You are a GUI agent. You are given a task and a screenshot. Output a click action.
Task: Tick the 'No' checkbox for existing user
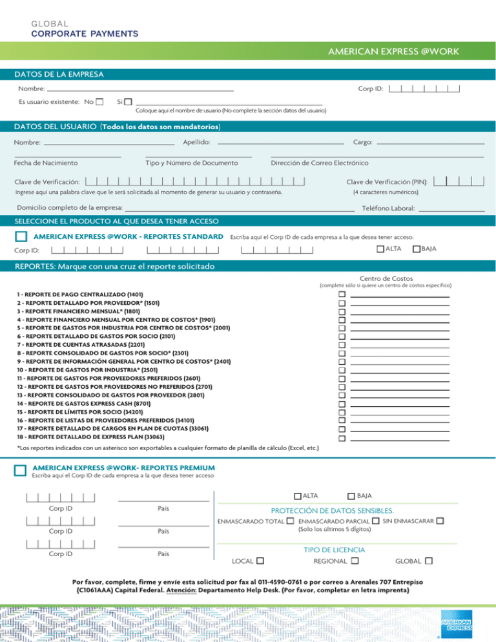tap(99, 102)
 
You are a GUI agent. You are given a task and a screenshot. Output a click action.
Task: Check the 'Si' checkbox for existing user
tap(128, 102)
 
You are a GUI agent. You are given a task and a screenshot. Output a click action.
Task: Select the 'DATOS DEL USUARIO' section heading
tap(59, 125)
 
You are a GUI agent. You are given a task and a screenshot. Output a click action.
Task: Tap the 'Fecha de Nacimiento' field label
tap(46, 163)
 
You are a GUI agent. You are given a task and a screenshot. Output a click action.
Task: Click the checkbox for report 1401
tap(342, 294)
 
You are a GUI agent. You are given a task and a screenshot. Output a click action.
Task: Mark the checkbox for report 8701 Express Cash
tap(342, 402)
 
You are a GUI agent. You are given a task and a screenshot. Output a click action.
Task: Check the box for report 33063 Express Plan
tap(342, 438)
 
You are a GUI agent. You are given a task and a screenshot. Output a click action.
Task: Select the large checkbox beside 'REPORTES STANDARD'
tap(21, 237)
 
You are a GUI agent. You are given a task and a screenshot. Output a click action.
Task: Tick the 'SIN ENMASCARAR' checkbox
tap(440, 521)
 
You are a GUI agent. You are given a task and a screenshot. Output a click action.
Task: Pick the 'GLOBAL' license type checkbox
tap(429, 561)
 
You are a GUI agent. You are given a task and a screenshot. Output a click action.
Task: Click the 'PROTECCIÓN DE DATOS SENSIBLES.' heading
tap(332, 511)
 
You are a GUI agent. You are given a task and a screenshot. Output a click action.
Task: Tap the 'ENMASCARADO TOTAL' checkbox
tap(291, 521)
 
